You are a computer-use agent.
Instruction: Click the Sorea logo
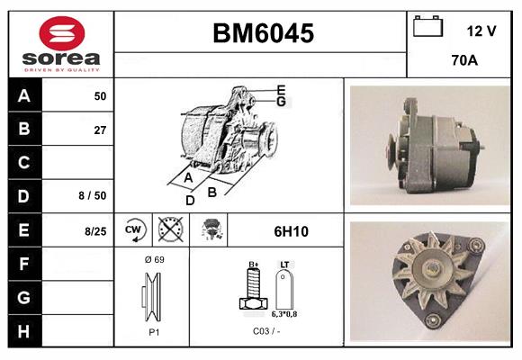61,44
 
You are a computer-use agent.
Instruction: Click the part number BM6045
263,34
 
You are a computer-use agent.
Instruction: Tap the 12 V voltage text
481,31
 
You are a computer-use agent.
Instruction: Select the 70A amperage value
463,62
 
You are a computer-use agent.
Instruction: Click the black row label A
24,95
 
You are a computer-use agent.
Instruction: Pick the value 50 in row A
100,95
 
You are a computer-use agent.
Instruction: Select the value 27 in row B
100,130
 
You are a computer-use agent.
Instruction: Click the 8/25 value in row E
94,231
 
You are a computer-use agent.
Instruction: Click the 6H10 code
290,231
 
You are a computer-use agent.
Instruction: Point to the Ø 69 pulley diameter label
153,259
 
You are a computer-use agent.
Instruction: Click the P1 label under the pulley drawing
153,331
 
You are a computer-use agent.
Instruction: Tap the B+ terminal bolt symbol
254,289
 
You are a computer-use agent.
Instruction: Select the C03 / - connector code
266,331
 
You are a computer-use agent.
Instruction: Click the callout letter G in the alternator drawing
281,102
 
